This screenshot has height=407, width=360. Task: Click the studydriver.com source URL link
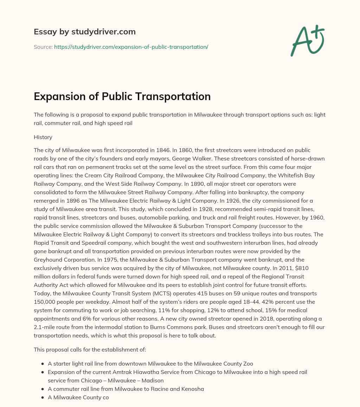click(x=131, y=46)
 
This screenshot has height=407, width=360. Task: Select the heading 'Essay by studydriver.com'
click(x=84, y=32)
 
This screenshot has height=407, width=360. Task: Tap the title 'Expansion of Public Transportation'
click(x=122, y=97)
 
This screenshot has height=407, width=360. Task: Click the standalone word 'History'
click(x=43, y=137)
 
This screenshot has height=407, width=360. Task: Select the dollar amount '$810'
click(x=316, y=268)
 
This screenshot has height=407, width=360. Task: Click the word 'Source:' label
click(x=43, y=46)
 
